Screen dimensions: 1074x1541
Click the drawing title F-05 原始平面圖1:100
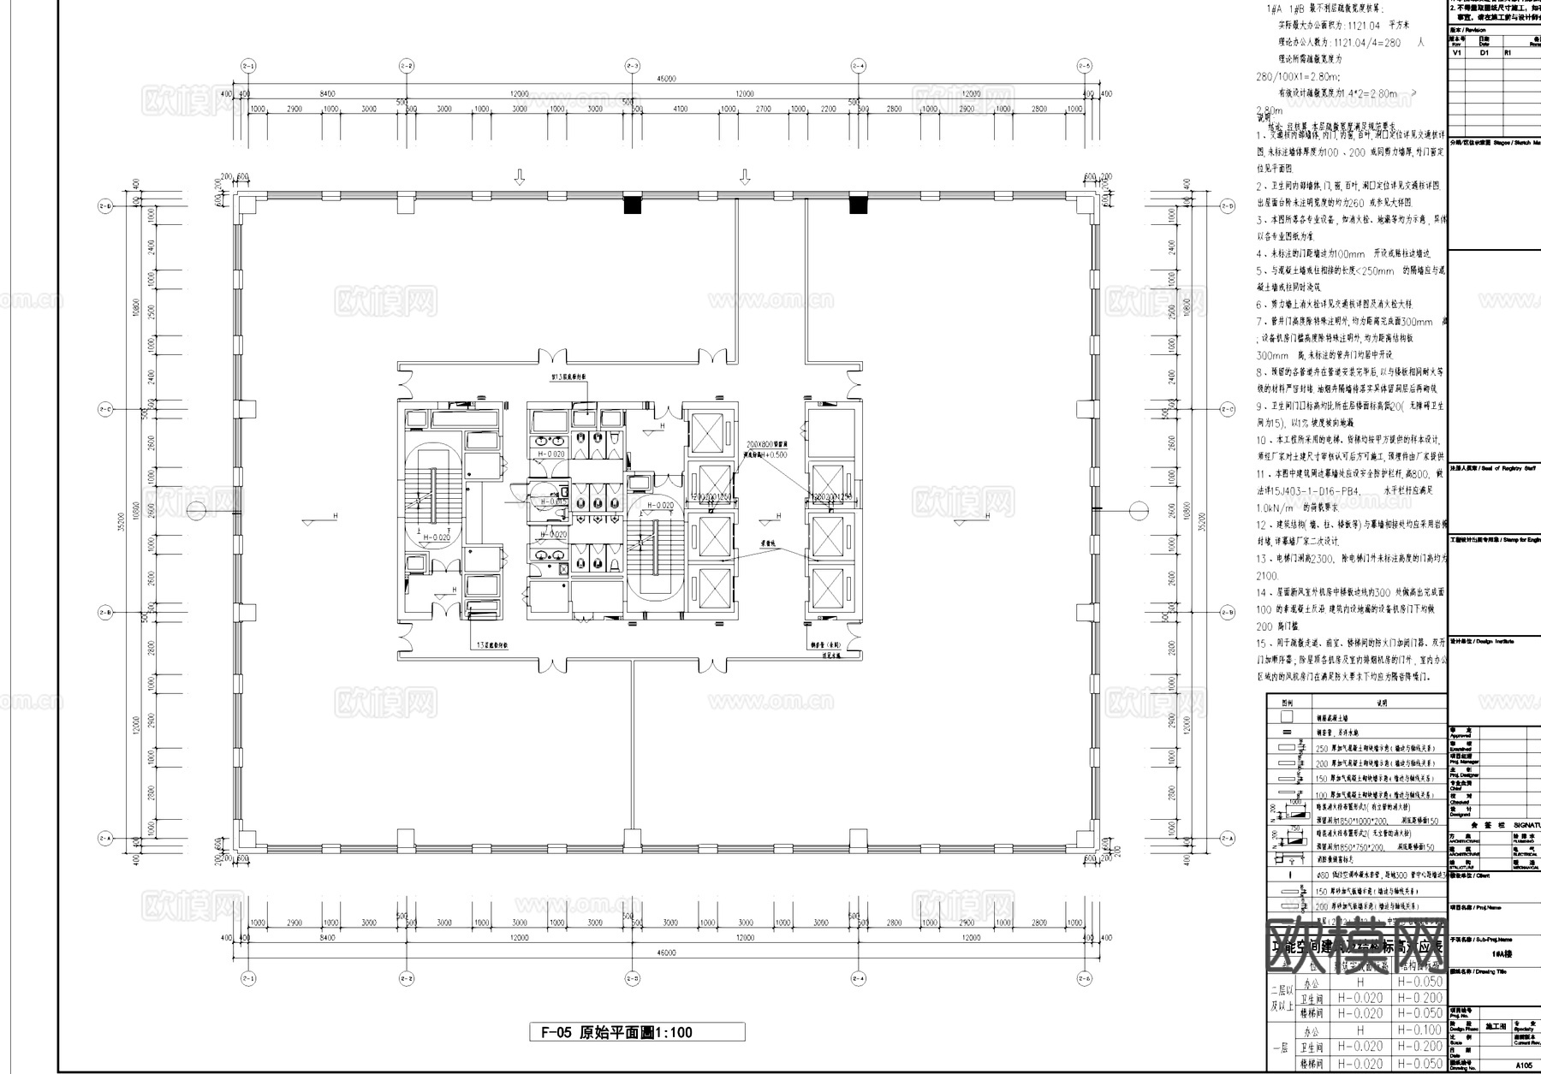click(x=635, y=1032)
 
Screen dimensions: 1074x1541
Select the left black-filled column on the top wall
click(x=632, y=205)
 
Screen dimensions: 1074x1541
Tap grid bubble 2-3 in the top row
click(x=632, y=66)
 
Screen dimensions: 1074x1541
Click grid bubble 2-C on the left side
click(x=106, y=410)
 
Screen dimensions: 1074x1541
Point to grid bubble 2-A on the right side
click(x=1229, y=838)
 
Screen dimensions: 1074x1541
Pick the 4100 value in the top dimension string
click(x=681, y=110)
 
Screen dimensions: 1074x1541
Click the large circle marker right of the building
click(x=1138, y=510)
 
